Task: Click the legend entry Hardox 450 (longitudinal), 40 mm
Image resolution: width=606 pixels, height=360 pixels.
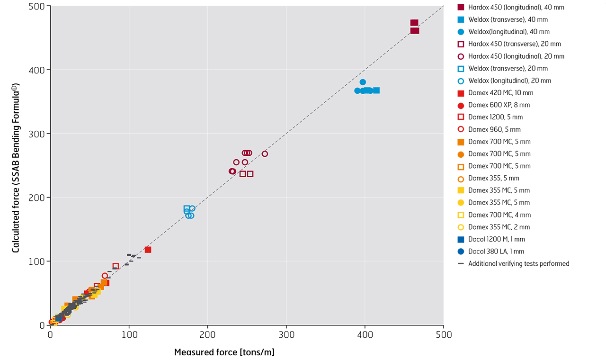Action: click(516, 7)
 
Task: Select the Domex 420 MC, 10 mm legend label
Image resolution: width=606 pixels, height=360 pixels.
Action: click(500, 93)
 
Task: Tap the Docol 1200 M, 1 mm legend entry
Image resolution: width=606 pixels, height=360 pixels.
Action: click(496, 239)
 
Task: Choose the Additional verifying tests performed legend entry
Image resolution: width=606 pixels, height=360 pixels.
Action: click(518, 263)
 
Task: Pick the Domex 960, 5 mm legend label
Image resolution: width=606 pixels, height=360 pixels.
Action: click(494, 129)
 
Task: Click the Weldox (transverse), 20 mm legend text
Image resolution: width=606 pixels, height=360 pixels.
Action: click(508, 69)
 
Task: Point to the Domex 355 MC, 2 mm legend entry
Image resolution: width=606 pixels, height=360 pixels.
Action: click(499, 227)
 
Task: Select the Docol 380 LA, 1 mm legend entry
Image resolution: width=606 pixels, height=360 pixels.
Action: click(496, 252)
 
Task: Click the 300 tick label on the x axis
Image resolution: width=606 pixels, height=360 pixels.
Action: click(286, 335)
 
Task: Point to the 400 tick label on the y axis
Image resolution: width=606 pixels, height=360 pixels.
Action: click(39, 70)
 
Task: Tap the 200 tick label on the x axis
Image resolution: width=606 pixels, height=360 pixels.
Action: click(208, 335)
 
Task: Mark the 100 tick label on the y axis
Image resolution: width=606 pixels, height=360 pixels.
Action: click(39, 261)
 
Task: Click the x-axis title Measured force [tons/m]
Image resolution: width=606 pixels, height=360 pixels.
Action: click(224, 352)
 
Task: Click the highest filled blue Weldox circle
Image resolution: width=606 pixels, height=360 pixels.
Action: click(363, 82)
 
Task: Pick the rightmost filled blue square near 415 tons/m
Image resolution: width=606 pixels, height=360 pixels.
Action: click(376, 90)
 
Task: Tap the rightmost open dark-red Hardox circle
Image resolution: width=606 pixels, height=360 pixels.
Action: click(265, 154)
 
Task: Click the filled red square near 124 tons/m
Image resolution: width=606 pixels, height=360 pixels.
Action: click(148, 250)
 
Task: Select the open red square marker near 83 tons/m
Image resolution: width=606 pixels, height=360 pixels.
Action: click(116, 266)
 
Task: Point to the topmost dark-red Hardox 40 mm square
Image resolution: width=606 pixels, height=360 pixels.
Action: click(414, 23)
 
